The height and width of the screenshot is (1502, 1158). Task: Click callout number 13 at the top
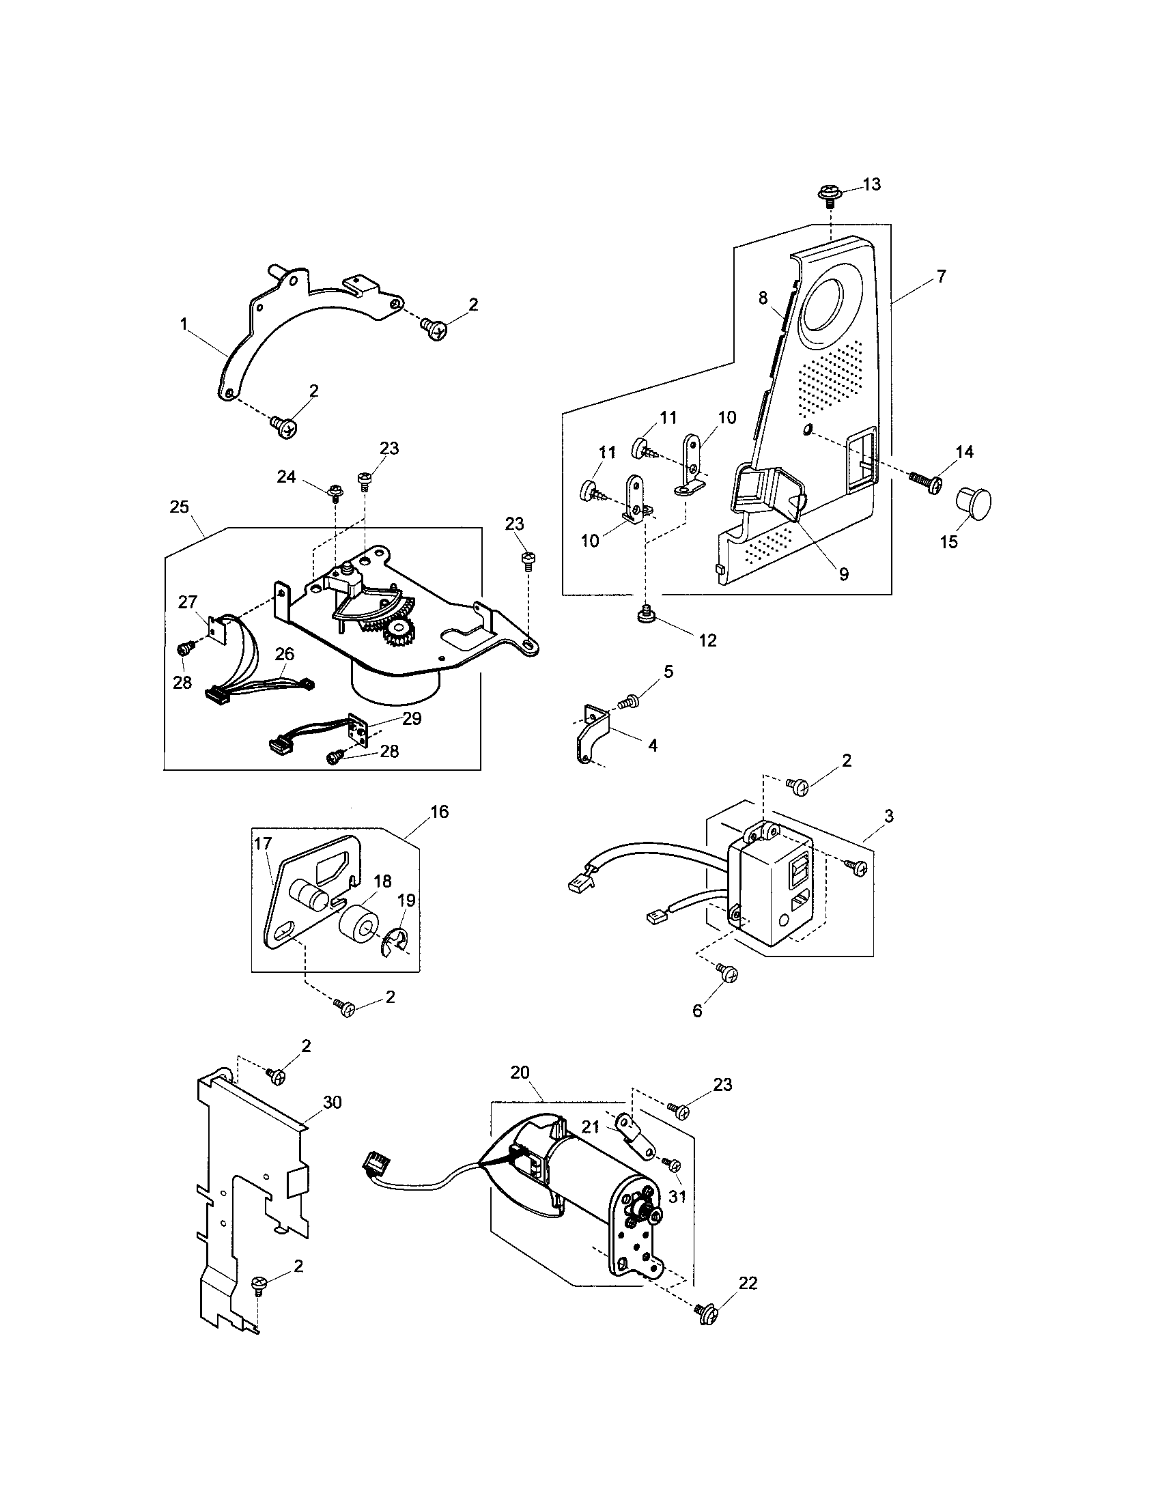click(x=871, y=185)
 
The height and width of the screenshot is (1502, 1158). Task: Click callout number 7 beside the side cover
click(x=941, y=277)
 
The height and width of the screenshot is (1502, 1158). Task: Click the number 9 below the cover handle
click(x=843, y=573)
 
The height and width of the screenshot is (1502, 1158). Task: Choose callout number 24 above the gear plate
click(x=286, y=477)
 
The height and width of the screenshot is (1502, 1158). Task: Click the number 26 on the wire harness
click(x=285, y=654)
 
